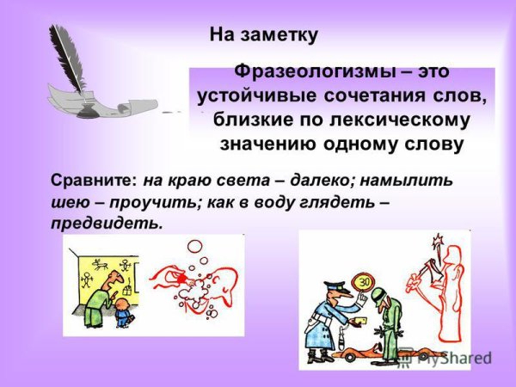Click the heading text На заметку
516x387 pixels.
[x=264, y=35]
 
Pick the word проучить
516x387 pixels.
[x=143, y=203]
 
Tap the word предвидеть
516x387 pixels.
[x=106, y=224]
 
